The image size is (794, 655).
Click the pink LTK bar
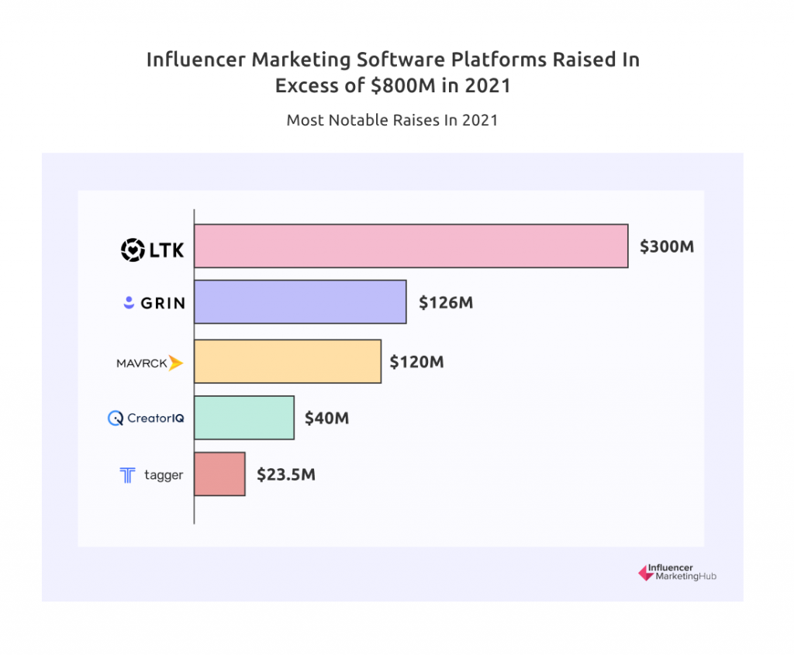411,246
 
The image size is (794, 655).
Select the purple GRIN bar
300,302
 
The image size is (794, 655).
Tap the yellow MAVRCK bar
288,361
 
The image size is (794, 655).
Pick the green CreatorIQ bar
244,418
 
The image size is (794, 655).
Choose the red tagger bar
219,474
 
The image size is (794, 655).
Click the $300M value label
666,247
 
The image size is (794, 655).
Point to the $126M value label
446,302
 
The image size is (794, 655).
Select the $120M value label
416,362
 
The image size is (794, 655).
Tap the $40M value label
326,419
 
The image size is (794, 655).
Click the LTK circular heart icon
133,249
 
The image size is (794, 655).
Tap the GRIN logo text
163,303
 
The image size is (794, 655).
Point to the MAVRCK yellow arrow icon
176,363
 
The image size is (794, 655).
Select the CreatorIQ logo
146,419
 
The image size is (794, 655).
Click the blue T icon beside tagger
127,475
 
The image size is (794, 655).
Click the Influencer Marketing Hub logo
676,573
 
